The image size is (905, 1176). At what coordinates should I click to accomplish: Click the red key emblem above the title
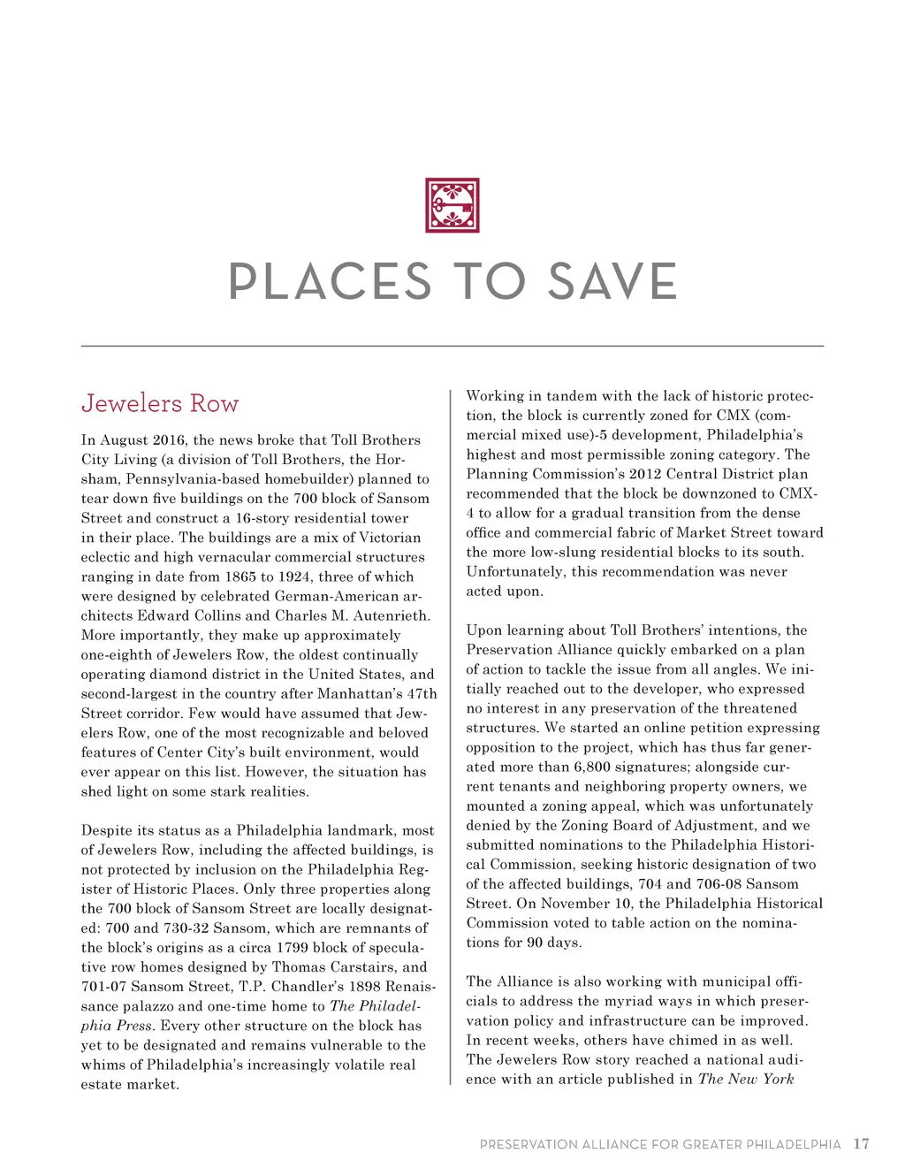(x=452, y=205)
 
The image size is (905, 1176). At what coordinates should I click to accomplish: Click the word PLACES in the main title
(x=330, y=282)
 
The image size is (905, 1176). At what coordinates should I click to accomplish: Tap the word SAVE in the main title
(x=612, y=282)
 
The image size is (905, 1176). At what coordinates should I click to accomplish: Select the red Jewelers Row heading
(x=160, y=404)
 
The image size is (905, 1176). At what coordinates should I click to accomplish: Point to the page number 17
(x=861, y=1143)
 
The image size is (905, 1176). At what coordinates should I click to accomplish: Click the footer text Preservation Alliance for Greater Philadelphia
(x=660, y=1144)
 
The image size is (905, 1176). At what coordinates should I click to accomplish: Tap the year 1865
(x=240, y=577)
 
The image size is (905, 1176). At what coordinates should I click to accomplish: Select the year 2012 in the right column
(x=646, y=474)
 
